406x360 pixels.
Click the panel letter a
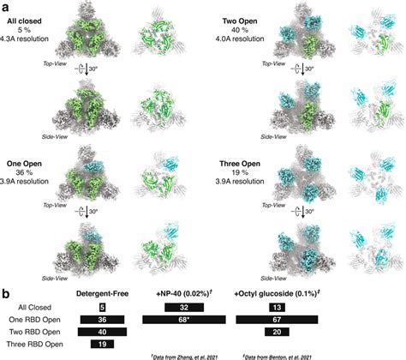[x=6, y=6]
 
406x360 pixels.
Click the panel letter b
[x=6, y=293]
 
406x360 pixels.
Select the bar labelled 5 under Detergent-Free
[x=102, y=307]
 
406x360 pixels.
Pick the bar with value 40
[x=102, y=332]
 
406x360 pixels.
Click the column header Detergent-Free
[x=102, y=294]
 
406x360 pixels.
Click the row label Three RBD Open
[x=38, y=345]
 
